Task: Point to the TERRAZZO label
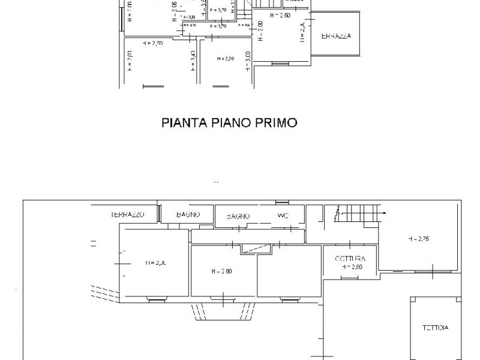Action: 127,214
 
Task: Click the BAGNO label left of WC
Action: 238,216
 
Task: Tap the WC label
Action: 283,215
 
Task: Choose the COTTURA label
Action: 350,259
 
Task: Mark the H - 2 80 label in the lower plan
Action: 222,271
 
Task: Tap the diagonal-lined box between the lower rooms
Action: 255,250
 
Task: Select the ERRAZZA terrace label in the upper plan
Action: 336,36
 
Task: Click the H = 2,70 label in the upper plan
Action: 153,44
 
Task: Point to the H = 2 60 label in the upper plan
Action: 280,16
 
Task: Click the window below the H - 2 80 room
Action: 222,298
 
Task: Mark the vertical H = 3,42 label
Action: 193,61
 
